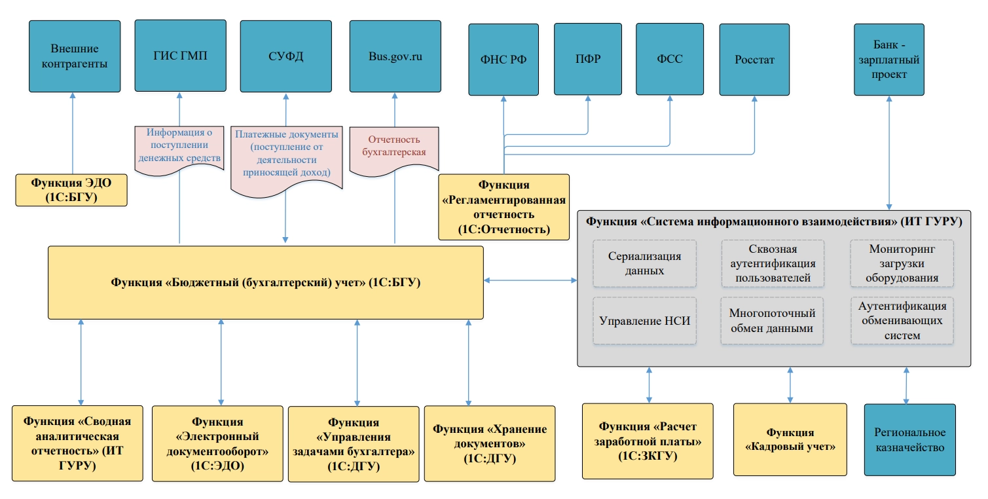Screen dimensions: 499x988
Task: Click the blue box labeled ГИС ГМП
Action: pos(180,56)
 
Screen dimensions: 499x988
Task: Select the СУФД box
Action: pos(286,56)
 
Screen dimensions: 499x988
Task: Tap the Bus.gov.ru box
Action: pos(395,56)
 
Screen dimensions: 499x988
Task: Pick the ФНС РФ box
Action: pos(503,60)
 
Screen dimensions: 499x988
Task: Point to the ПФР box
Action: pos(587,60)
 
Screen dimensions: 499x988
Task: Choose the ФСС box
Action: pos(669,60)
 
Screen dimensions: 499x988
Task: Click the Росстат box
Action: pos(755,60)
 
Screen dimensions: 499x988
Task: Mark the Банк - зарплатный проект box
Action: pos(889,60)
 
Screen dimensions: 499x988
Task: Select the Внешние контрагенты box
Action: pos(75,56)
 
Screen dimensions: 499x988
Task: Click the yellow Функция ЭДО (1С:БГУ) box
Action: pos(72,190)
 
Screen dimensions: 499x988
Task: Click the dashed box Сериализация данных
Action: pos(644,263)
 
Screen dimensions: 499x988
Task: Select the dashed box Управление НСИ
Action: pos(644,321)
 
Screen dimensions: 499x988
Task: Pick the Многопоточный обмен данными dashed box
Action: pos(772,321)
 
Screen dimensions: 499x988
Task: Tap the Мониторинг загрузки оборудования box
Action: pos(902,263)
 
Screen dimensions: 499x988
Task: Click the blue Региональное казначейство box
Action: pos(909,439)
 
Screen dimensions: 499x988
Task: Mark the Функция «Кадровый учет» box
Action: pos(790,439)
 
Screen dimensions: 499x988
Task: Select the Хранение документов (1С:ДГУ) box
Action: pos(489,444)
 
